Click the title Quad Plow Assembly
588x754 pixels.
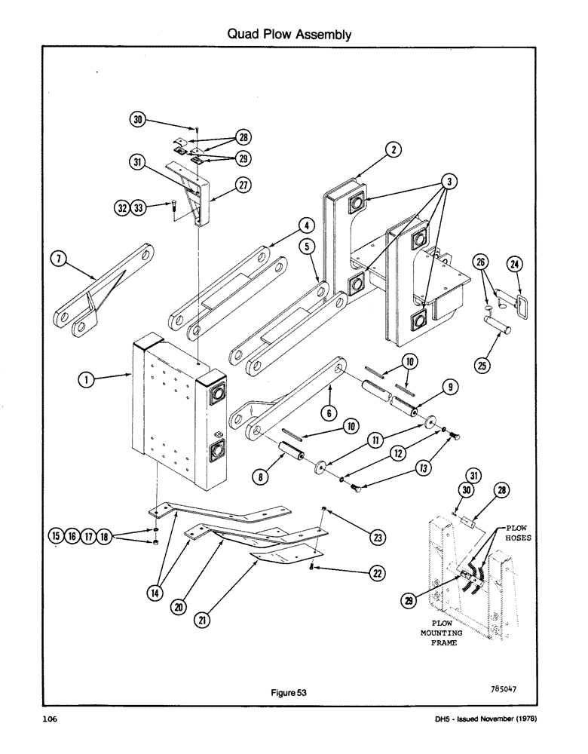290,35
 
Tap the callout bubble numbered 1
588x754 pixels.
89,382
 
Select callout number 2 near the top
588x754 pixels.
393,150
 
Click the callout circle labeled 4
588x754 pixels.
305,224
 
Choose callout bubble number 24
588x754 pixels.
515,265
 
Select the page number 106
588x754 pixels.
51,720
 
